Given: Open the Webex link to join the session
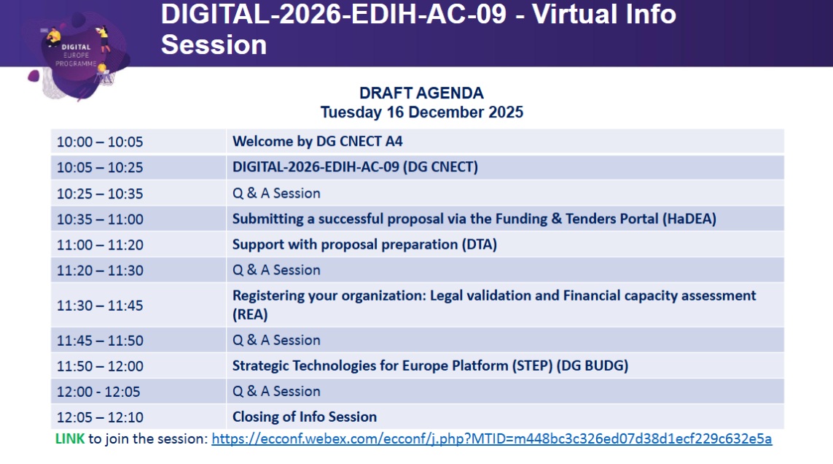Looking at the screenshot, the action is click(491, 439).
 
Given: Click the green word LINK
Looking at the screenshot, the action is click(69, 439).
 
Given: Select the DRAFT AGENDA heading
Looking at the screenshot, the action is click(421, 93).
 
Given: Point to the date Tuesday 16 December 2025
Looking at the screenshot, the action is click(421, 112).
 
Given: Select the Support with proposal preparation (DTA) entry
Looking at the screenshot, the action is click(364, 244).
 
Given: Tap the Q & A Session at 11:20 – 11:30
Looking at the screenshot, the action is click(276, 271).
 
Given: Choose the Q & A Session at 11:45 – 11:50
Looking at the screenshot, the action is click(276, 341).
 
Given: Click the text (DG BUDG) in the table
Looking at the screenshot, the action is click(593, 366).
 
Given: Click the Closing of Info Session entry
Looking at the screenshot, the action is click(305, 417).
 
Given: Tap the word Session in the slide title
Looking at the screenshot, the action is click(214, 45).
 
